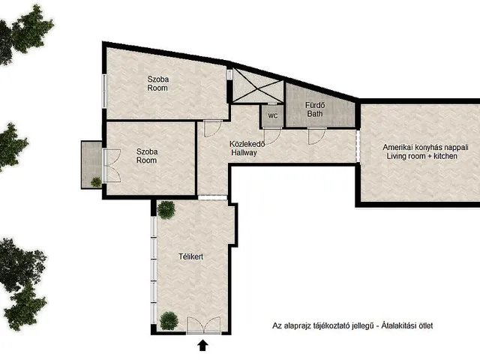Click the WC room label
tap(273, 116)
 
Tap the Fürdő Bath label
tap(315, 109)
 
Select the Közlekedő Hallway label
tap(247, 148)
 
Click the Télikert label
tap(191, 256)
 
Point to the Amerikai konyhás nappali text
tap(425, 147)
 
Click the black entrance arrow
tap(202, 345)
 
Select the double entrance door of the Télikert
tap(203, 325)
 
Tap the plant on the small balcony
tap(96, 181)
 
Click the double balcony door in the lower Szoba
tap(112, 166)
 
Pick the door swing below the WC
tap(272, 136)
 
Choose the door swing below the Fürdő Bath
tap(316, 136)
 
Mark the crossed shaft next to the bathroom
tap(258, 86)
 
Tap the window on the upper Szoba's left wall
tap(104, 91)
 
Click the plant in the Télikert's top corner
tap(166, 210)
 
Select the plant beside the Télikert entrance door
tap(169, 320)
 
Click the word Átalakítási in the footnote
tap(397, 325)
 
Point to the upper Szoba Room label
tap(158, 83)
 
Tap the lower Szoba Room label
tap(147, 156)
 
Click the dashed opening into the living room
tap(358, 146)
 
